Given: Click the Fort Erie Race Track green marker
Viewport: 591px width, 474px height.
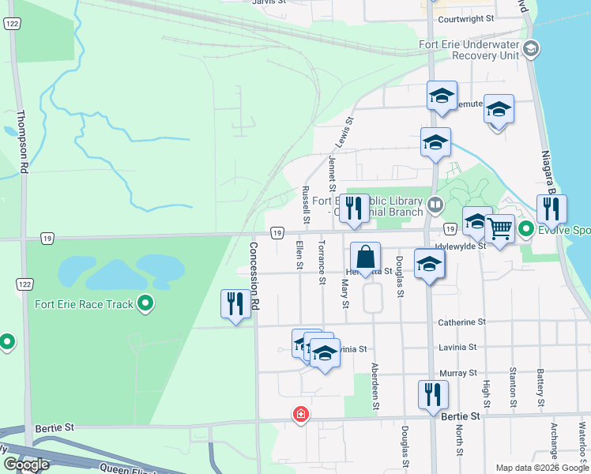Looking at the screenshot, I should coord(145,303).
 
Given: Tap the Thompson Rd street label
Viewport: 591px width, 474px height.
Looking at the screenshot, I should coord(24,141).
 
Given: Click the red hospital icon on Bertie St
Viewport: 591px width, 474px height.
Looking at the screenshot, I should coord(300,413).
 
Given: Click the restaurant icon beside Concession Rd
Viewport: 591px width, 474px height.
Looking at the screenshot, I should coord(235,303).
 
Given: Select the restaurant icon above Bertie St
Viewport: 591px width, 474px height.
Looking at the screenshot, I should coord(433,393).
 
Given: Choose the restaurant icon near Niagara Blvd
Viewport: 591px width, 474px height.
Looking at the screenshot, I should coord(551,208).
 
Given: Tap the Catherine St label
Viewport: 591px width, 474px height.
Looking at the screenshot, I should coord(461,322).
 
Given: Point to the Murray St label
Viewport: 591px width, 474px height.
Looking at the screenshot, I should coord(461,372).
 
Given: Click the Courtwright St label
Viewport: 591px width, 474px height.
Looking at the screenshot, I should coord(465,17).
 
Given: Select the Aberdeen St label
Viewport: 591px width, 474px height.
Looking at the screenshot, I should coord(375,386).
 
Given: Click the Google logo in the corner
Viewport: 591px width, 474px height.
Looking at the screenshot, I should coord(27,464).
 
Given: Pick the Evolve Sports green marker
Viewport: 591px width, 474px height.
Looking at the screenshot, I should coord(527,231).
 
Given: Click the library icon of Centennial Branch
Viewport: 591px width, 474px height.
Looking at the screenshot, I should coord(435,205).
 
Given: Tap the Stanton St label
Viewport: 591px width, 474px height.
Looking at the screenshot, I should coord(514,381).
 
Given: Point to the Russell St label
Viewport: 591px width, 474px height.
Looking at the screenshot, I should coord(306,204).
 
